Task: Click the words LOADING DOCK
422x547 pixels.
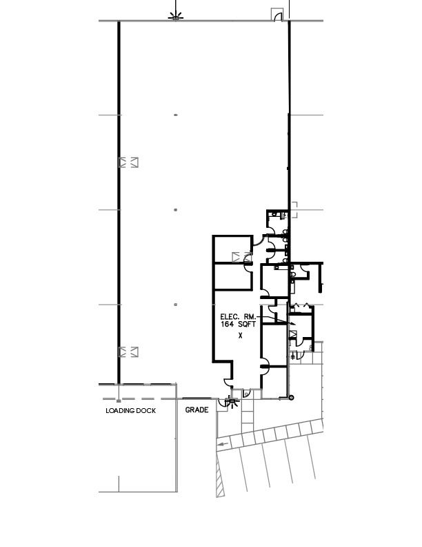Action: (x=130, y=411)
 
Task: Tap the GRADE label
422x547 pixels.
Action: (x=197, y=410)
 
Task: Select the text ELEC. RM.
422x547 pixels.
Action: (x=238, y=317)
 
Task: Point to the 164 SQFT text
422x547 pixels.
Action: (x=238, y=324)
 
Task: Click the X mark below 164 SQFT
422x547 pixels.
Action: (x=240, y=336)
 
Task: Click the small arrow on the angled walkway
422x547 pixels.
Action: (x=223, y=445)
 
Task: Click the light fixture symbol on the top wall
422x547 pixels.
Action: (x=175, y=16)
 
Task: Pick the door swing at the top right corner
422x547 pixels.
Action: (x=277, y=16)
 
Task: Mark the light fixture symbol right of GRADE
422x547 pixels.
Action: (x=232, y=402)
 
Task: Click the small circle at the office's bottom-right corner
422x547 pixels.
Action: (x=292, y=398)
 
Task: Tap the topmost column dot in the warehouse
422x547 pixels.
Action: (x=176, y=115)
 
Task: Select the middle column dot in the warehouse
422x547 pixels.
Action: (x=175, y=210)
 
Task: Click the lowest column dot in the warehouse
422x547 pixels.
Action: (x=175, y=305)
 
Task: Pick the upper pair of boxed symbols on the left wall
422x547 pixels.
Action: (x=128, y=162)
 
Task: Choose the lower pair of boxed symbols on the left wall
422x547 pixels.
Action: (x=128, y=352)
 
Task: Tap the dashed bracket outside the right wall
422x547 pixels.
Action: (x=294, y=210)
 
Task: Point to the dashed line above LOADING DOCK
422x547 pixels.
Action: (x=139, y=399)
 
